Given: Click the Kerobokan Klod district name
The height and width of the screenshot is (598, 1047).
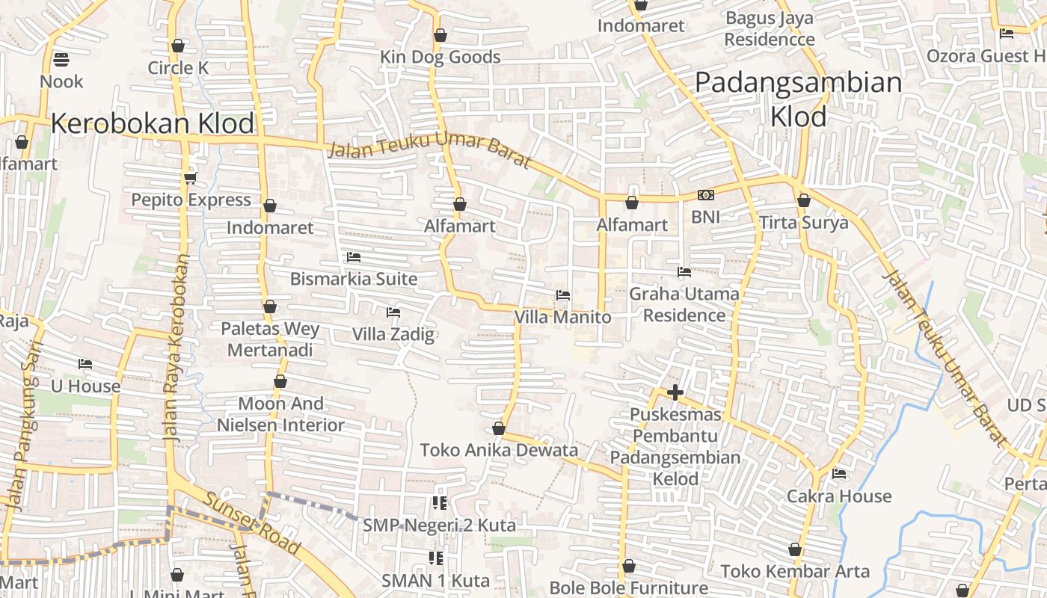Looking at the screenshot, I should pyautogui.click(x=153, y=123).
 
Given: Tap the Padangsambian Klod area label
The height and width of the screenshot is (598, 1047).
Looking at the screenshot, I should pyautogui.click(x=798, y=99).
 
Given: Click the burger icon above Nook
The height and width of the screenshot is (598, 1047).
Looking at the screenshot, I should pyautogui.click(x=61, y=59).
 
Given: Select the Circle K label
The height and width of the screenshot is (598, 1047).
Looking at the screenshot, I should pyautogui.click(x=178, y=68).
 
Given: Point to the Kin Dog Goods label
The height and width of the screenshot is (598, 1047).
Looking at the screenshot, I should pyautogui.click(x=440, y=57).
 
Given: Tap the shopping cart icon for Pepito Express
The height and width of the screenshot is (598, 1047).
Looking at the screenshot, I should pyautogui.click(x=190, y=178).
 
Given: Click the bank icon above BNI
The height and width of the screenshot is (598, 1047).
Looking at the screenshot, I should pyautogui.click(x=705, y=195).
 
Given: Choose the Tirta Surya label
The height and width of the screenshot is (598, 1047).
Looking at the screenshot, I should pyautogui.click(x=804, y=223).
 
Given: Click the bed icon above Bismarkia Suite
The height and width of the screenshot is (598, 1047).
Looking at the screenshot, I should pyautogui.click(x=354, y=257).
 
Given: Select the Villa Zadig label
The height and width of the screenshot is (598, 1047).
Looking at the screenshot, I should pyautogui.click(x=393, y=333).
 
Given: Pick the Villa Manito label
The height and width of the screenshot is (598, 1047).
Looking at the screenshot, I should pyautogui.click(x=562, y=317).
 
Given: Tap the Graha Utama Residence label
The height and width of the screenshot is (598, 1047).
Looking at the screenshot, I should pyautogui.click(x=684, y=304).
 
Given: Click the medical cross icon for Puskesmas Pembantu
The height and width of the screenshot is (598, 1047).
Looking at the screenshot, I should pyautogui.click(x=675, y=392).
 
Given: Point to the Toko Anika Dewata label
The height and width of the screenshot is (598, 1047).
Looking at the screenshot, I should pyautogui.click(x=499, y=450).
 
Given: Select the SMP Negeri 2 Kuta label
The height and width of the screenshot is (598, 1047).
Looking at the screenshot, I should pyautogui.click(x=439, y=525).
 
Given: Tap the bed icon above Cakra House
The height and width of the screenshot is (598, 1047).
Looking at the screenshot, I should pyautogui.click(x=839, y=474).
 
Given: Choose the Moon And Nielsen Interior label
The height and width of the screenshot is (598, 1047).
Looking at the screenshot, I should pyautogui.click(x=281, y=414).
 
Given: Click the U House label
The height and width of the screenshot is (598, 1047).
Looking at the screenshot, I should pyautogui.click(x=85, y=386).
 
